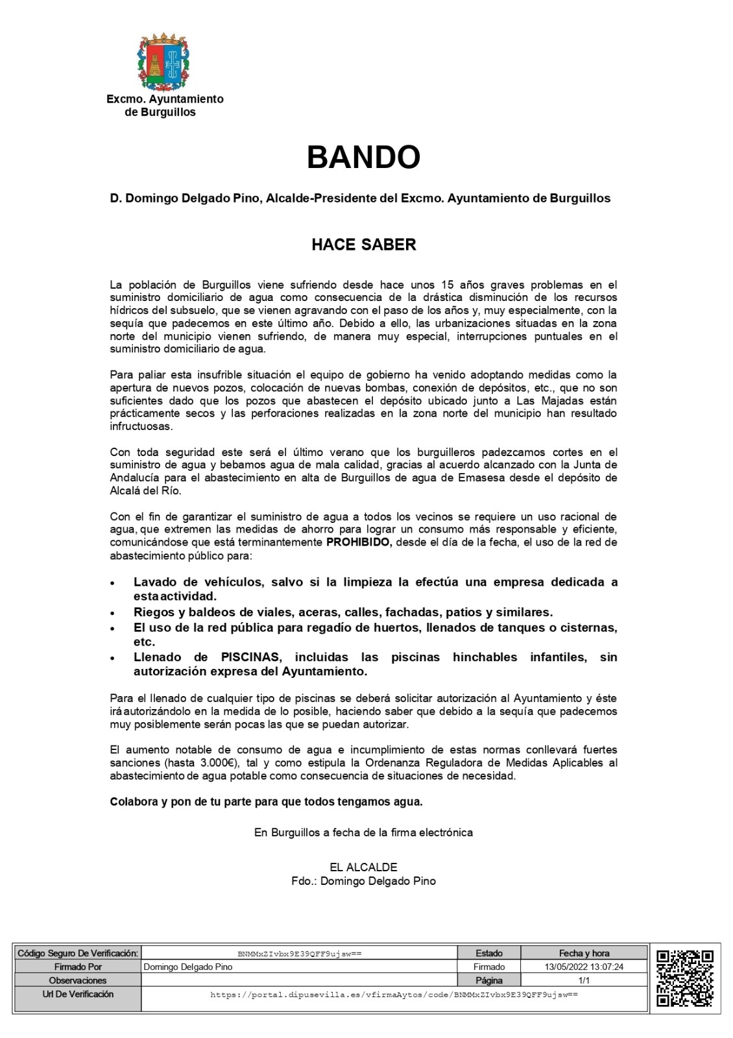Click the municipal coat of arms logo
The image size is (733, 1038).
tap(164, 62)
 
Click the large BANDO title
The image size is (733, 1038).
tap(363, 157)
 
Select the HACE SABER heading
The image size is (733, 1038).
tap(363, 245)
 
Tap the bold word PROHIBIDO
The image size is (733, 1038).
tap(359, 542)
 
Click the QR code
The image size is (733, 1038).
tap(685, 978)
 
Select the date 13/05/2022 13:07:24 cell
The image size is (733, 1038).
tap(584, 967)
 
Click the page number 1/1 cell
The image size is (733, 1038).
tap(584, 980)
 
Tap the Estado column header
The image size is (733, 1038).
tap(489, 953)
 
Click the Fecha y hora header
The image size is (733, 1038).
tap(584, 953)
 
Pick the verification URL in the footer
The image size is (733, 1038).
tap(394, 994)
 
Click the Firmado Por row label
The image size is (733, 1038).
tap(78, 967)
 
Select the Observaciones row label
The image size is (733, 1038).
tap(78, 980)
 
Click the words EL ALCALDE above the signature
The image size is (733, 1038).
tap(363, 867)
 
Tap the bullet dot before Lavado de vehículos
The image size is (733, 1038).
tap(113, 583)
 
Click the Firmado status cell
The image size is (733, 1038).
tap(489, 967)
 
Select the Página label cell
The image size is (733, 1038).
tap(489, 980)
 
